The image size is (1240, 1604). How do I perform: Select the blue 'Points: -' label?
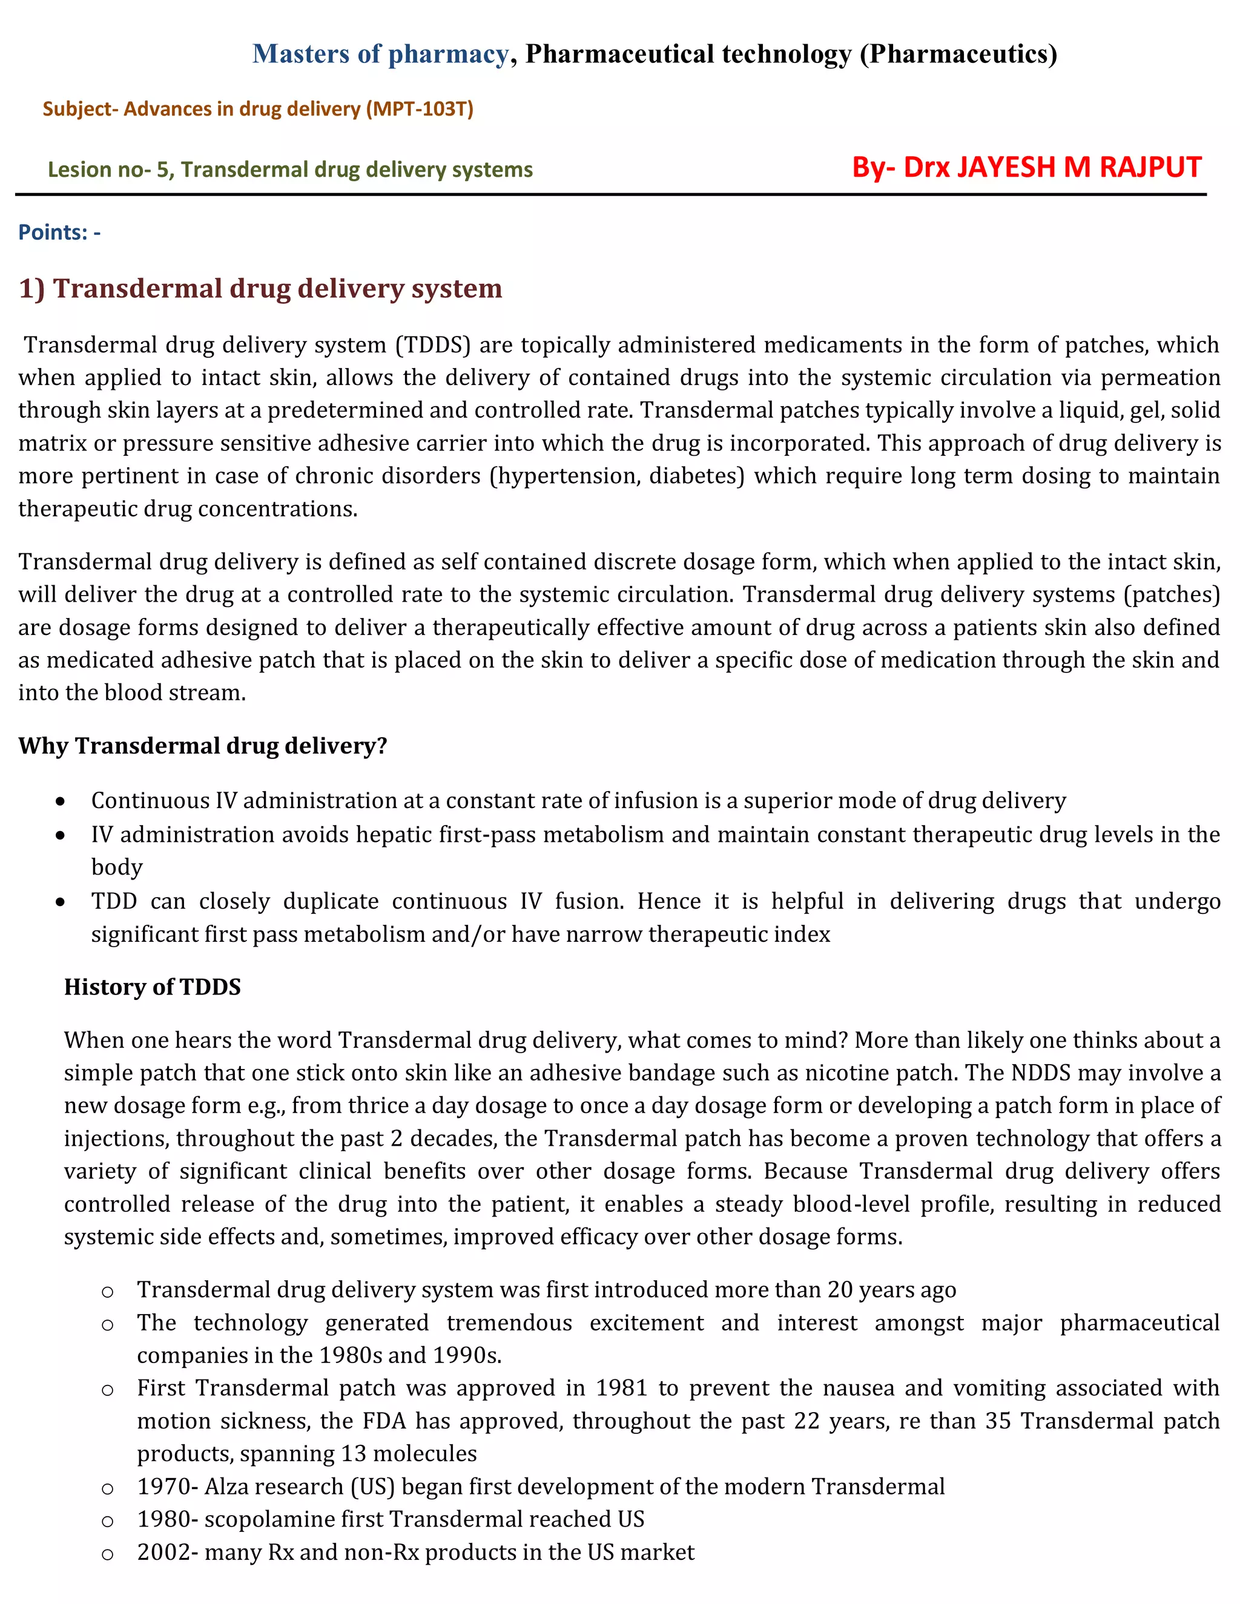click(x=59, y=232)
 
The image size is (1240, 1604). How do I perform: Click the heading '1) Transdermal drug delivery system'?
click(x=260, y=288)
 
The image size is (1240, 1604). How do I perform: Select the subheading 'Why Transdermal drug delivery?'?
click(x=203, y=746)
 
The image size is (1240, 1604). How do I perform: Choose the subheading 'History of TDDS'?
click(x=152, y=987)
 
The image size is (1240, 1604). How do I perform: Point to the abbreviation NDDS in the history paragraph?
click(x=1040, y=1073)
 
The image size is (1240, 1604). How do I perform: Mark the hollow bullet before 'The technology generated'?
click(x=107, y=1324)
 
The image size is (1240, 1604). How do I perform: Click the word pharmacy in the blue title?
click(x=448, y=54)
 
